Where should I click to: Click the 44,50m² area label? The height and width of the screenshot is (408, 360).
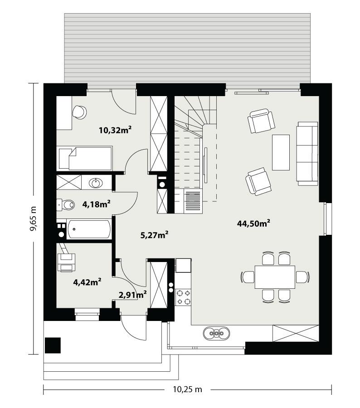click(253, 223)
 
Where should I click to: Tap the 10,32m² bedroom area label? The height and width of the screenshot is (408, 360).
click(115, 131)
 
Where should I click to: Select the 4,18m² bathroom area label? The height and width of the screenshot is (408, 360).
click(97, 204)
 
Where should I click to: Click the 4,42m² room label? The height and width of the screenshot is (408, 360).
click(87, 282)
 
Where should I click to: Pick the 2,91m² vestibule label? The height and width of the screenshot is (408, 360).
click(132, 295)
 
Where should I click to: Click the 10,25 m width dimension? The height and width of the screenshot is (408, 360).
click(187, 389)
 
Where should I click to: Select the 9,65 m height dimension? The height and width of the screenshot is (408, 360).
click(33, 219)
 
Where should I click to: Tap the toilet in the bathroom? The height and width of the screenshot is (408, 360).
click(67, 205)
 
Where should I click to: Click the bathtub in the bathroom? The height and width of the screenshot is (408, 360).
click(89, 229)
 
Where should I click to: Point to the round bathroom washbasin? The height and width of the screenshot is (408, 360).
click(96, 183)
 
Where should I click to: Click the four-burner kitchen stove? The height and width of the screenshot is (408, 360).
click(184, 297)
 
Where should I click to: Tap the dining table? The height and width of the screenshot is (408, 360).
click(275, 277)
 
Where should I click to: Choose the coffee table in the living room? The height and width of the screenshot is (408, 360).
click(281, 152)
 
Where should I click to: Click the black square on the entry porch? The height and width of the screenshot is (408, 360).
click(53, 345)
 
